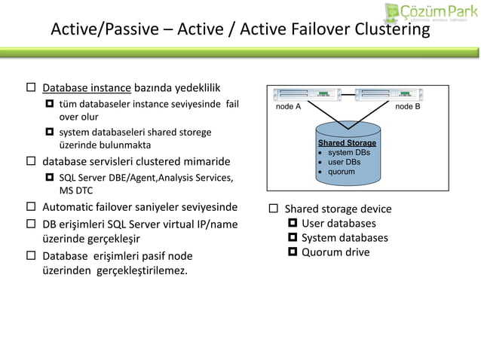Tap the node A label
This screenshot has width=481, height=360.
coord(288,107)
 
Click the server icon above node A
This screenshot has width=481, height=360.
coord(307,95)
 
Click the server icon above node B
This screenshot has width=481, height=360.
coord(388,95)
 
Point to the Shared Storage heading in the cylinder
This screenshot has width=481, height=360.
coord(347,142)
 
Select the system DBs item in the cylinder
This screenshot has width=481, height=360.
coord(349,152)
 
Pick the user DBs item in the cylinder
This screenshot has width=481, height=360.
coord(344,162)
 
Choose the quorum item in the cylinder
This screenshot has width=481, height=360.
coord(342,172)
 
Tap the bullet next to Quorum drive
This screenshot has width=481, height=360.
coord(293,252)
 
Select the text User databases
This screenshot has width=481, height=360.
coord(339,224)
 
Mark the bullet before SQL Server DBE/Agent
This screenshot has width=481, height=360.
coord(49,178)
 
